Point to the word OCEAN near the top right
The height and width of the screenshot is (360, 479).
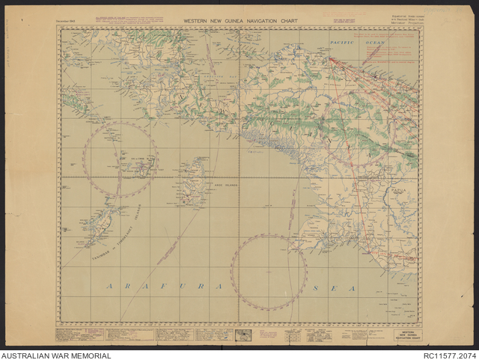(375, 43)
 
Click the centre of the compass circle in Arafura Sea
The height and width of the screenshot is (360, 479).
(269, 272)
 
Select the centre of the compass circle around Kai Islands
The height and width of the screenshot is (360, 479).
(120, 160)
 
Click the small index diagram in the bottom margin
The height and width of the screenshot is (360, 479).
(244, 335)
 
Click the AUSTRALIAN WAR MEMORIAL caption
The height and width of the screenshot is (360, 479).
(56, 356)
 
